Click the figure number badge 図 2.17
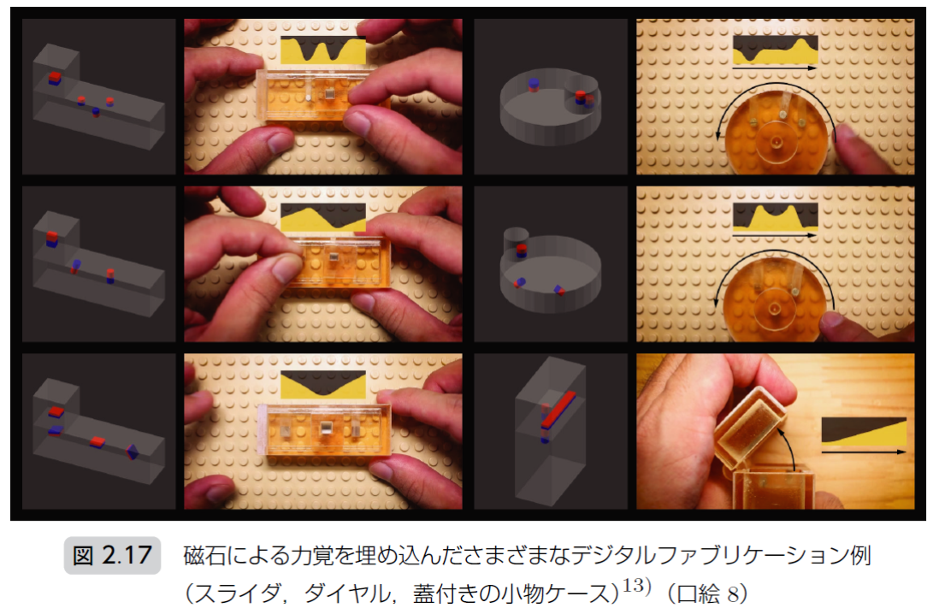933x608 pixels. click(112, 555)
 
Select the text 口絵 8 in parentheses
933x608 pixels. click(708, 593)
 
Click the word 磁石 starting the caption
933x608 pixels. click(204, 555)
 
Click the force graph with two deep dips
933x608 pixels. click(323, 50)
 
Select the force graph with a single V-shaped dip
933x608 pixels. click(323, 385)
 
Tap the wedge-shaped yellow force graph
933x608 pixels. click(864, 431)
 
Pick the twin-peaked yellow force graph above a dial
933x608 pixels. click(776, 217)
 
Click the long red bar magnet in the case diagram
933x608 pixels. click(558, 410)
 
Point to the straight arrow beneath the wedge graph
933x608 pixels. click(864, 452)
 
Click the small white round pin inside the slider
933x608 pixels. click(308, 97)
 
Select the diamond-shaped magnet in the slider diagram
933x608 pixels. click(132, 452)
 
